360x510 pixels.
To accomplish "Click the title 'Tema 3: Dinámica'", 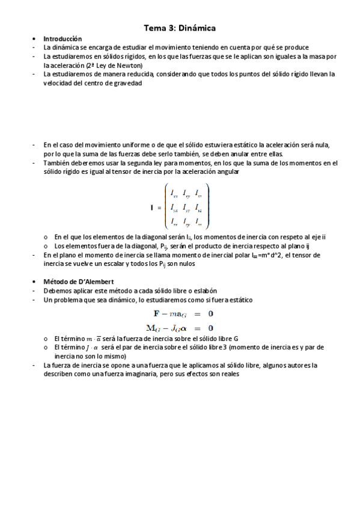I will coord(180,28).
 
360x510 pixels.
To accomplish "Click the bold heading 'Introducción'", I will coord(63,38).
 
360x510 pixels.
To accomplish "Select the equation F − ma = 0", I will coord(180,313).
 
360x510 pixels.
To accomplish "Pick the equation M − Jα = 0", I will coord(180,328).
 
